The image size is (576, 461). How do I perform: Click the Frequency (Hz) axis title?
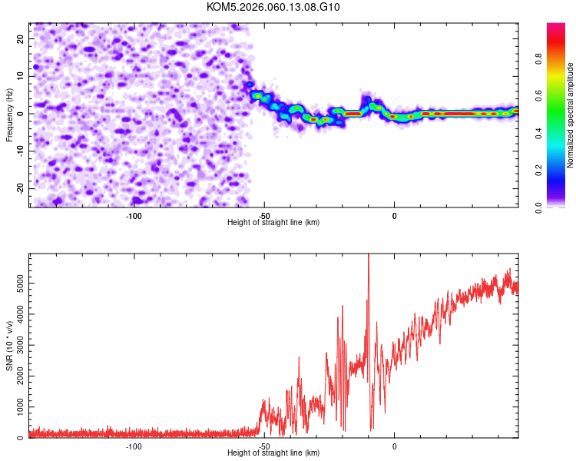click(x=9, y=114)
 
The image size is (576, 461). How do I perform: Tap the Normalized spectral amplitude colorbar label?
click(x=571, y=114)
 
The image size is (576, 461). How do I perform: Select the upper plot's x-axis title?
click(x=273, y=222)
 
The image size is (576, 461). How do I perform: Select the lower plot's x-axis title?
click(x=273, y=453)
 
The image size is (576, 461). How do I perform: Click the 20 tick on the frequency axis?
click(x=20, y=38)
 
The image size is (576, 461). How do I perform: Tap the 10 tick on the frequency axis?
click(x=20, y=76)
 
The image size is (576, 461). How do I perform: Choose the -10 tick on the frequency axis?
click(x=18, y=151)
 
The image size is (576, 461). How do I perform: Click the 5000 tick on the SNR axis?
click(x=16, y=284)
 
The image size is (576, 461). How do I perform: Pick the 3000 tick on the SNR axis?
click(x=16, y=346)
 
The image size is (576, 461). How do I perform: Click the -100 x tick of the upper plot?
click(x=134, y=216)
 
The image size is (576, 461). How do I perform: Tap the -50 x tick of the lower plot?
click(x=263, y=446)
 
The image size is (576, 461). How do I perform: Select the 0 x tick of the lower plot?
click(x=395, y=446)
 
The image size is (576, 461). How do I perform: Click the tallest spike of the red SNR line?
click(x=369, y=256)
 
